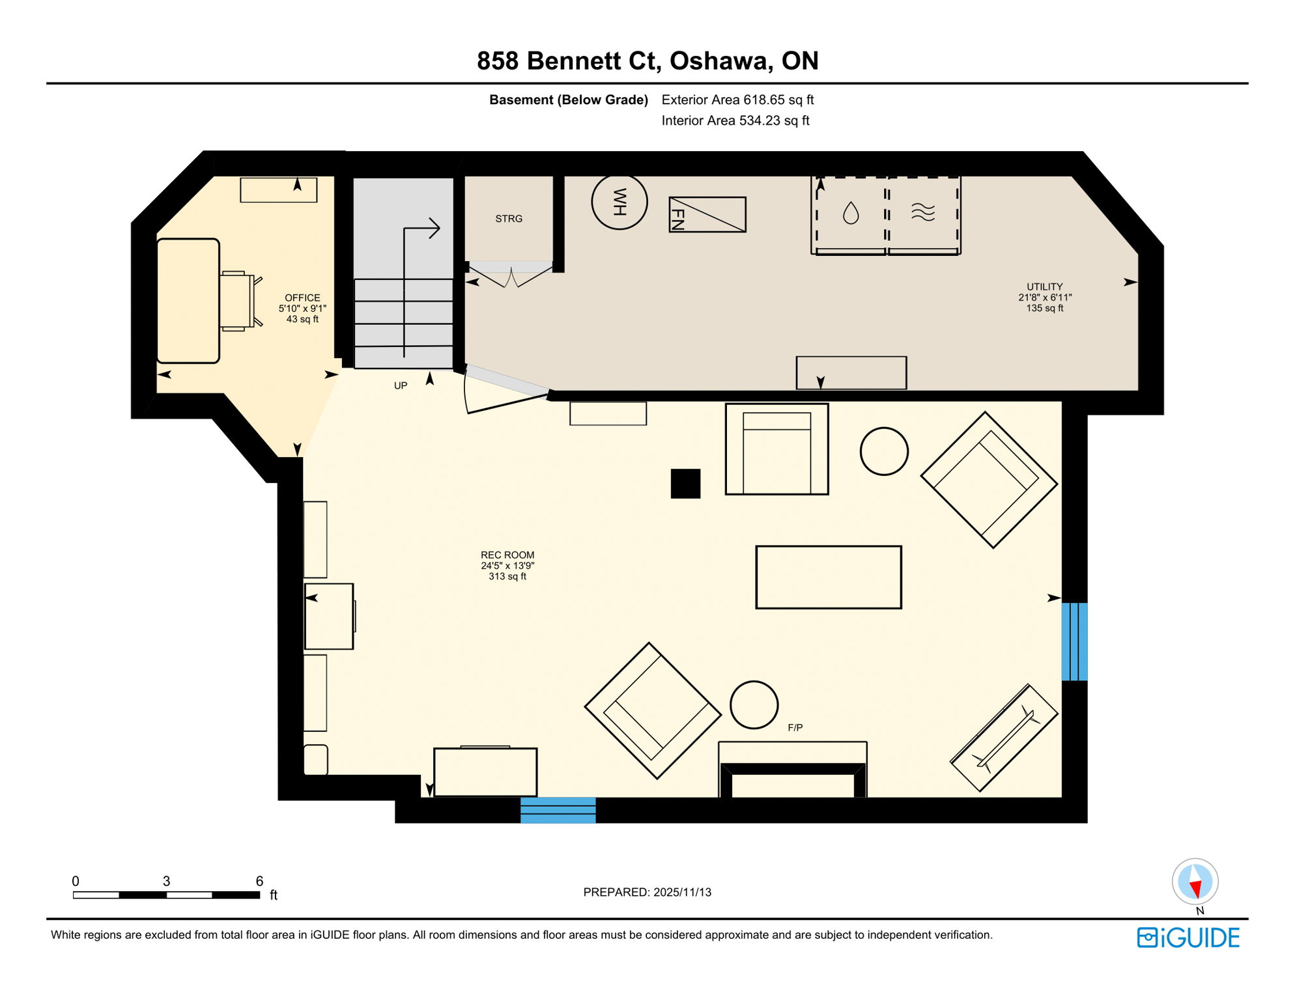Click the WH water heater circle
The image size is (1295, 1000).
pyautogui.click(x=619, y=202)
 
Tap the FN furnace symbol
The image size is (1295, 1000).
pyautogui.click(x=707, y=214)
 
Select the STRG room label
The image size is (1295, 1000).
pyautogui.click(x=508, y=219)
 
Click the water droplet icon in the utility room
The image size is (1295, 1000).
pyautogui.click(x=850, y=213)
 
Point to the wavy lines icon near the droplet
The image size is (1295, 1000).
pyautogui.click(x=922, y=212)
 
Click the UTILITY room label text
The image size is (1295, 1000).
pyautogui.click(x=1044, y=287)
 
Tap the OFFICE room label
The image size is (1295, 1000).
pyautogui.click(x=302, y=298)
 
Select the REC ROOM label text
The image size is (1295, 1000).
pyautogui.click(x=507, y=555)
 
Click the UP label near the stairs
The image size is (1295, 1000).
pyautogui.click(x=400, y=386)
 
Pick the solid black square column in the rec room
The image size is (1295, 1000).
pyautogui.click(x=685, y=484)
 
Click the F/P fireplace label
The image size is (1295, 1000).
pyautogui.click(x=795, y=728)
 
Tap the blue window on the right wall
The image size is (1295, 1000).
pyautogui.click(x=1074, y=641)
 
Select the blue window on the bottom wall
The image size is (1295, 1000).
pyautogui.click(x=558, y=810)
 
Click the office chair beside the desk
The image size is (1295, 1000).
pyautogui.click(x=238, y=301)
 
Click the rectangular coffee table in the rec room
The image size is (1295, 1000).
pyautogui.click(x=828, y=577)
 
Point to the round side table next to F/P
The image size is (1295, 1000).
pyautogui.click(x=754, y=705)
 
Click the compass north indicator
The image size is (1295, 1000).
pyautogui.click(x=1195, y=883)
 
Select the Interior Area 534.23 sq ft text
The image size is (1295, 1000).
pyautogui.click(x=735, y=120)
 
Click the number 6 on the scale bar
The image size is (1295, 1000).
pyautogui.click(x=259, y=881)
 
